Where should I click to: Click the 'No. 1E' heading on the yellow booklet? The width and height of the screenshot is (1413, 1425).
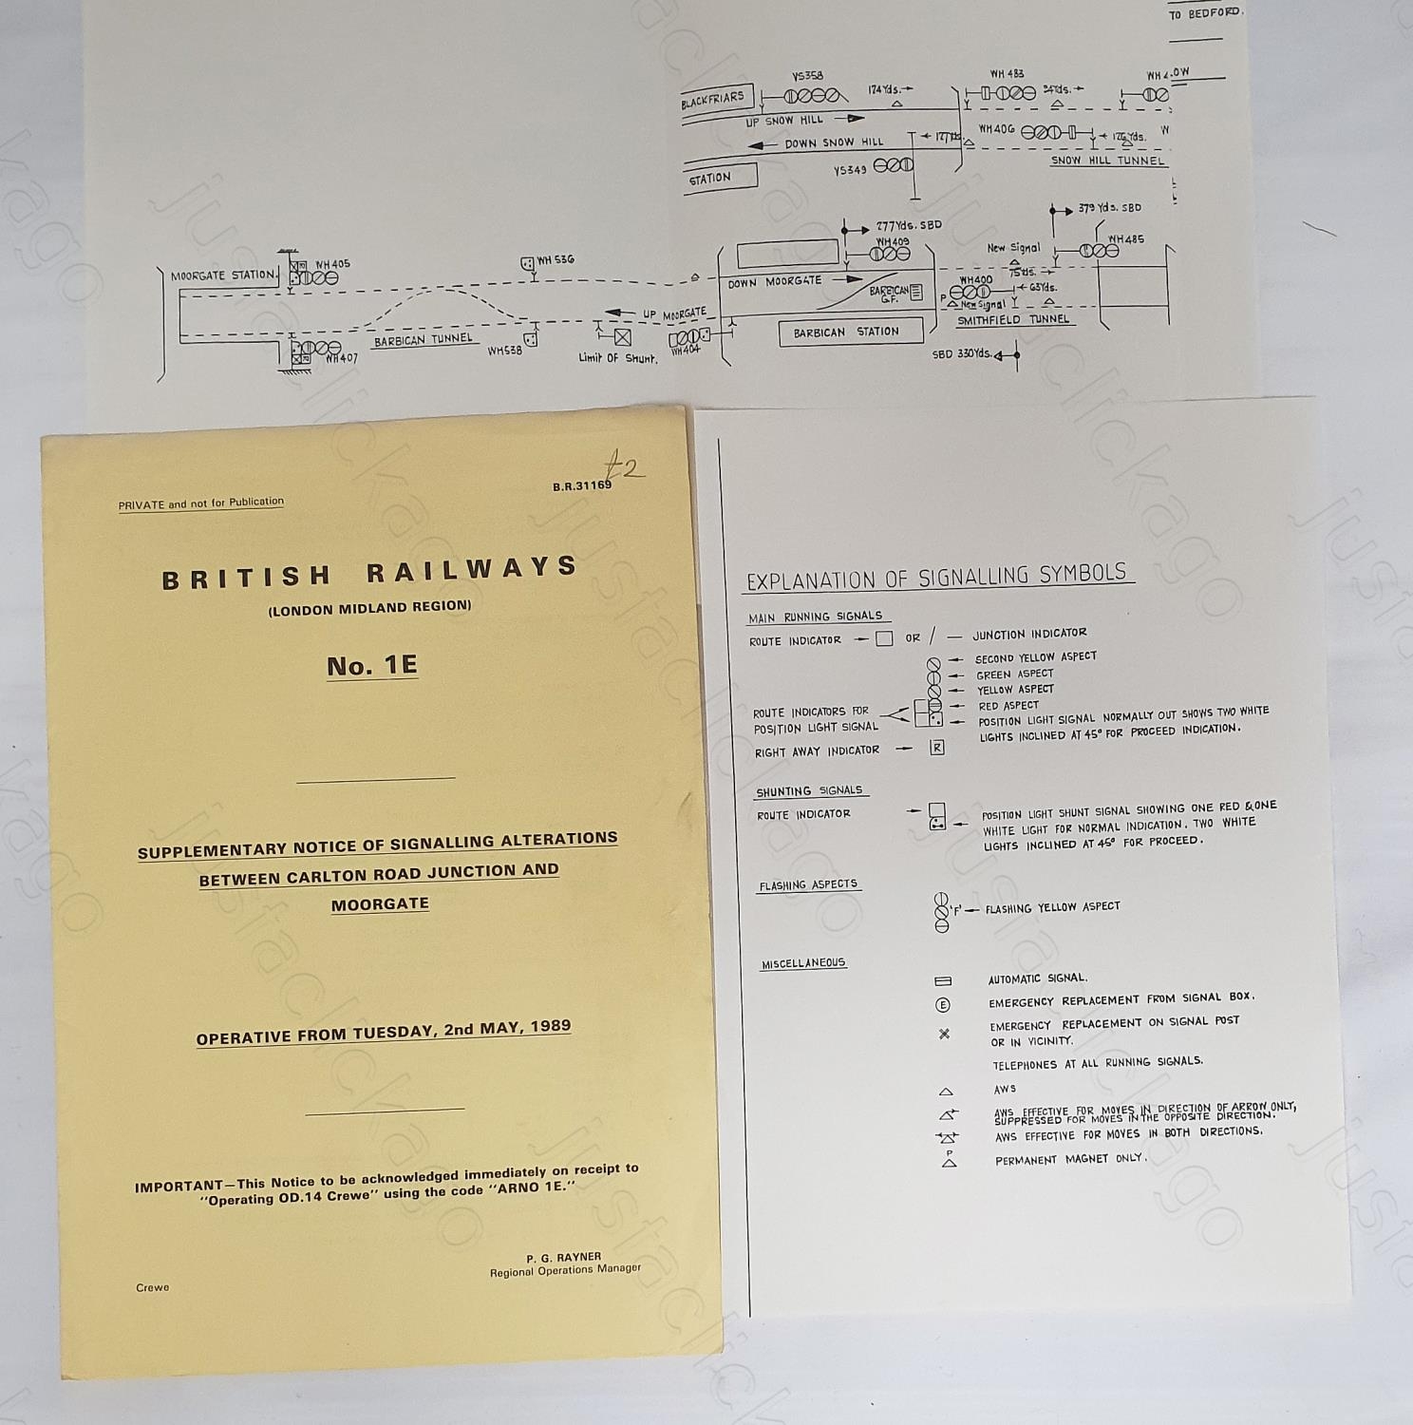pos(372,665)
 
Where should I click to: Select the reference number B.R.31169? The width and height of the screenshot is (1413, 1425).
pos(581,485)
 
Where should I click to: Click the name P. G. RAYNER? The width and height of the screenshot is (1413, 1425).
pos(564,1257)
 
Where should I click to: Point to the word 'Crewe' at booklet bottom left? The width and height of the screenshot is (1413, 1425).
pos(152,1287)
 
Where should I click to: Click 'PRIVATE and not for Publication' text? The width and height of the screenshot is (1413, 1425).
pos(201,503)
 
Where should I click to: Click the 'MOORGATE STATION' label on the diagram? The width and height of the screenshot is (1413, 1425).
pos(223,275)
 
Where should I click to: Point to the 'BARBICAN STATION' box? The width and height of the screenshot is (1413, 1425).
pos(845,332)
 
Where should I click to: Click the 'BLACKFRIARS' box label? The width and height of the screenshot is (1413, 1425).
pos(713,100)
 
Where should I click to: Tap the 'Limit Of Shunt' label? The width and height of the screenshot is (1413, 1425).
pos(617,358)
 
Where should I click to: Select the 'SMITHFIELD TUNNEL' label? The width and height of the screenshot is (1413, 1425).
pos(1012,320)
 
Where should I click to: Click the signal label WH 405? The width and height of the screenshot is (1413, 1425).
pos(332,264)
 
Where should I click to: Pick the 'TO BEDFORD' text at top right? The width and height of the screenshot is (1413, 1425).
pos(1204,13)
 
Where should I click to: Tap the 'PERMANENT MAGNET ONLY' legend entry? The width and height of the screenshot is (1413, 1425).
pos(1070,1159)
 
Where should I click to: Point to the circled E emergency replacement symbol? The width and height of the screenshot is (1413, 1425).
pos(943,1004)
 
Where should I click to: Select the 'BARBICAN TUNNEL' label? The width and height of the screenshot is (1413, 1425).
pos(423,340)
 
